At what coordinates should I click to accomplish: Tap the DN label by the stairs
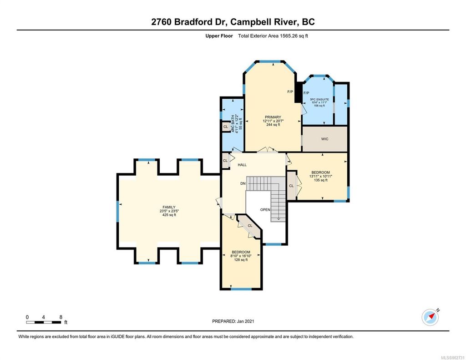(243, 183)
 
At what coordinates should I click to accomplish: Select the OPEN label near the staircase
(265, 210)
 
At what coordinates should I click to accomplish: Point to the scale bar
(44, 322)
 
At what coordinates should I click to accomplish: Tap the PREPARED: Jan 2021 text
(233, 321)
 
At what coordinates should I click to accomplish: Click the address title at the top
(233, 22)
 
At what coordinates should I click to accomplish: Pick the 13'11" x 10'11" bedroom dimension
(321, 177)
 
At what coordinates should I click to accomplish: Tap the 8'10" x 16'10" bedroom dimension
(241, 256)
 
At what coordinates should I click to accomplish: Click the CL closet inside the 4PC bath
(226, 127)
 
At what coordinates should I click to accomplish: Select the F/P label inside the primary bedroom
(290, 92)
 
